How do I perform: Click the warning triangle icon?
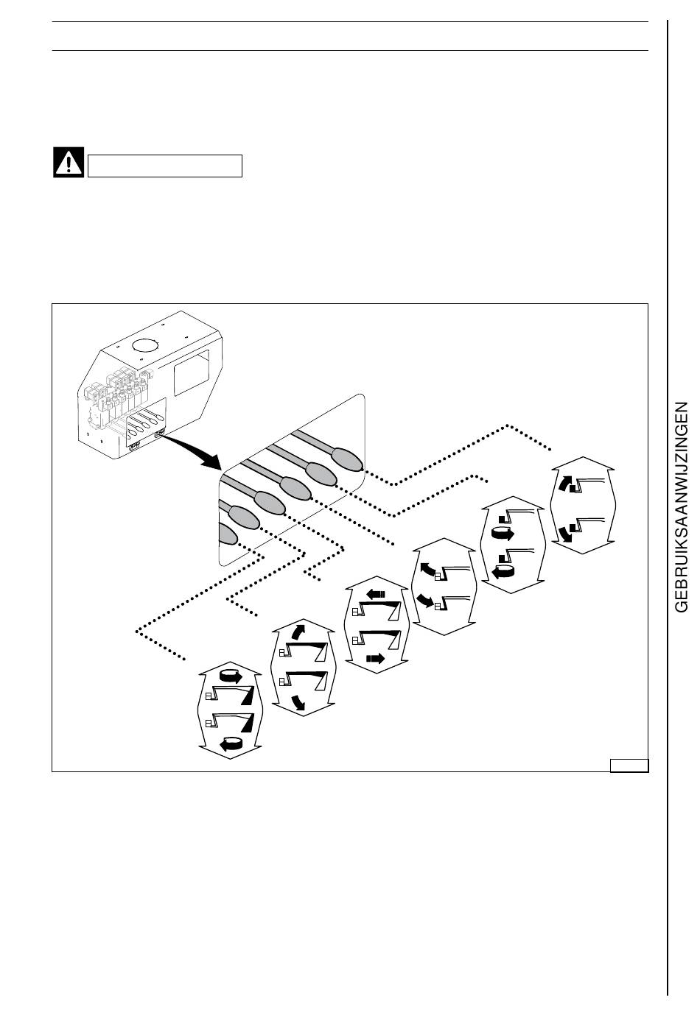pyautogui.click(x=69, y=163)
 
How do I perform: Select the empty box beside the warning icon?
pyautogui.click(x=165, y=166)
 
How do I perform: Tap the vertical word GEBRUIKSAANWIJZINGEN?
pyautogui.click(x=681, y=506)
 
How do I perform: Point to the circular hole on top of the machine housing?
pyautogui.click(x=145, y=345)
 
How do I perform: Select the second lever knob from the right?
pyautogui.click(x=321, y=473)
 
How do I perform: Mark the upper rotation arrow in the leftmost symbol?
pyautogui.click(x=230, y=676)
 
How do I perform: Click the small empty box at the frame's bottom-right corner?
pyautogui.click(x=629, y=765)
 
